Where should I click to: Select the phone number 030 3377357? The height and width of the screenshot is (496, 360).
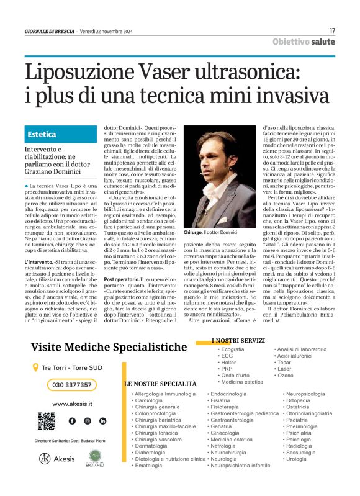71,385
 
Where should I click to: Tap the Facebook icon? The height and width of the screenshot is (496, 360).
72,421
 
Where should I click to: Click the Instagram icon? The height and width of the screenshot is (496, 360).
88,421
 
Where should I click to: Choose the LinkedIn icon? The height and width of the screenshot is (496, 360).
102,421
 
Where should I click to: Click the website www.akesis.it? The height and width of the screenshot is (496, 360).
69,404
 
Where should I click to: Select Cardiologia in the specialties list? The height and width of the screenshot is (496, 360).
149,401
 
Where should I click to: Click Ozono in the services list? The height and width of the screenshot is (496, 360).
286,376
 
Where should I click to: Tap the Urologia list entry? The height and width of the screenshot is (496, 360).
297,459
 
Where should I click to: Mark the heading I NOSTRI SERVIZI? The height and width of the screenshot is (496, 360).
240,341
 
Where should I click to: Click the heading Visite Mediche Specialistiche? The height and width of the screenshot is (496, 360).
109,347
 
